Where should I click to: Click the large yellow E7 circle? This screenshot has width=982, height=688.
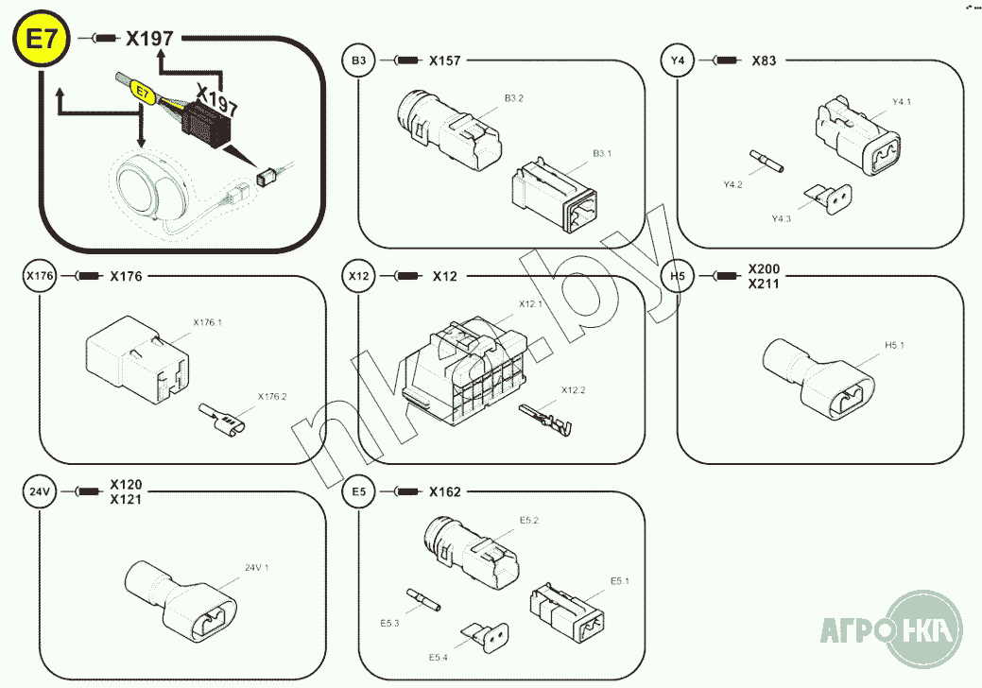(x=42, y=39)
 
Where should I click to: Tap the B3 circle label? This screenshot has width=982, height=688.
(x=359, y=60)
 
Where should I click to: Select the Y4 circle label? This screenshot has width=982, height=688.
(x=678, y=60)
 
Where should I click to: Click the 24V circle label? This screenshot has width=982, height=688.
(x=40, y=491)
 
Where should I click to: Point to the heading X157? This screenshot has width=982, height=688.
(x=444, y=60)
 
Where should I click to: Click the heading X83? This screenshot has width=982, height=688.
(x=764, y=60)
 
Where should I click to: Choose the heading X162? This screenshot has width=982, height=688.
(x=444, y=492)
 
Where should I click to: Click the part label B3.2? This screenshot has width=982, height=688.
(x=514, y=98)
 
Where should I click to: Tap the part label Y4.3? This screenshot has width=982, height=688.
(x=781, y=218)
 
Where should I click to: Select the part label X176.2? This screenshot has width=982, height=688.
(x=272, y=396)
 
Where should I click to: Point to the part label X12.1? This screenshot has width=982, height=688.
(x=530, y=303)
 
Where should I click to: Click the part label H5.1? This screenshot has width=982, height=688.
(x=894, y=345)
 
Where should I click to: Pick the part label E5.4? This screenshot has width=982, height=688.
(x=439, y=658)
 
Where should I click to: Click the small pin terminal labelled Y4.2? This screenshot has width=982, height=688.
(x=767, y=161)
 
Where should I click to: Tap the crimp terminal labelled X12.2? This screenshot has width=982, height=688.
(x=545, y=419)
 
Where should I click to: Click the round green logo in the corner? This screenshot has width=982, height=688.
(x=923, y=628)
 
